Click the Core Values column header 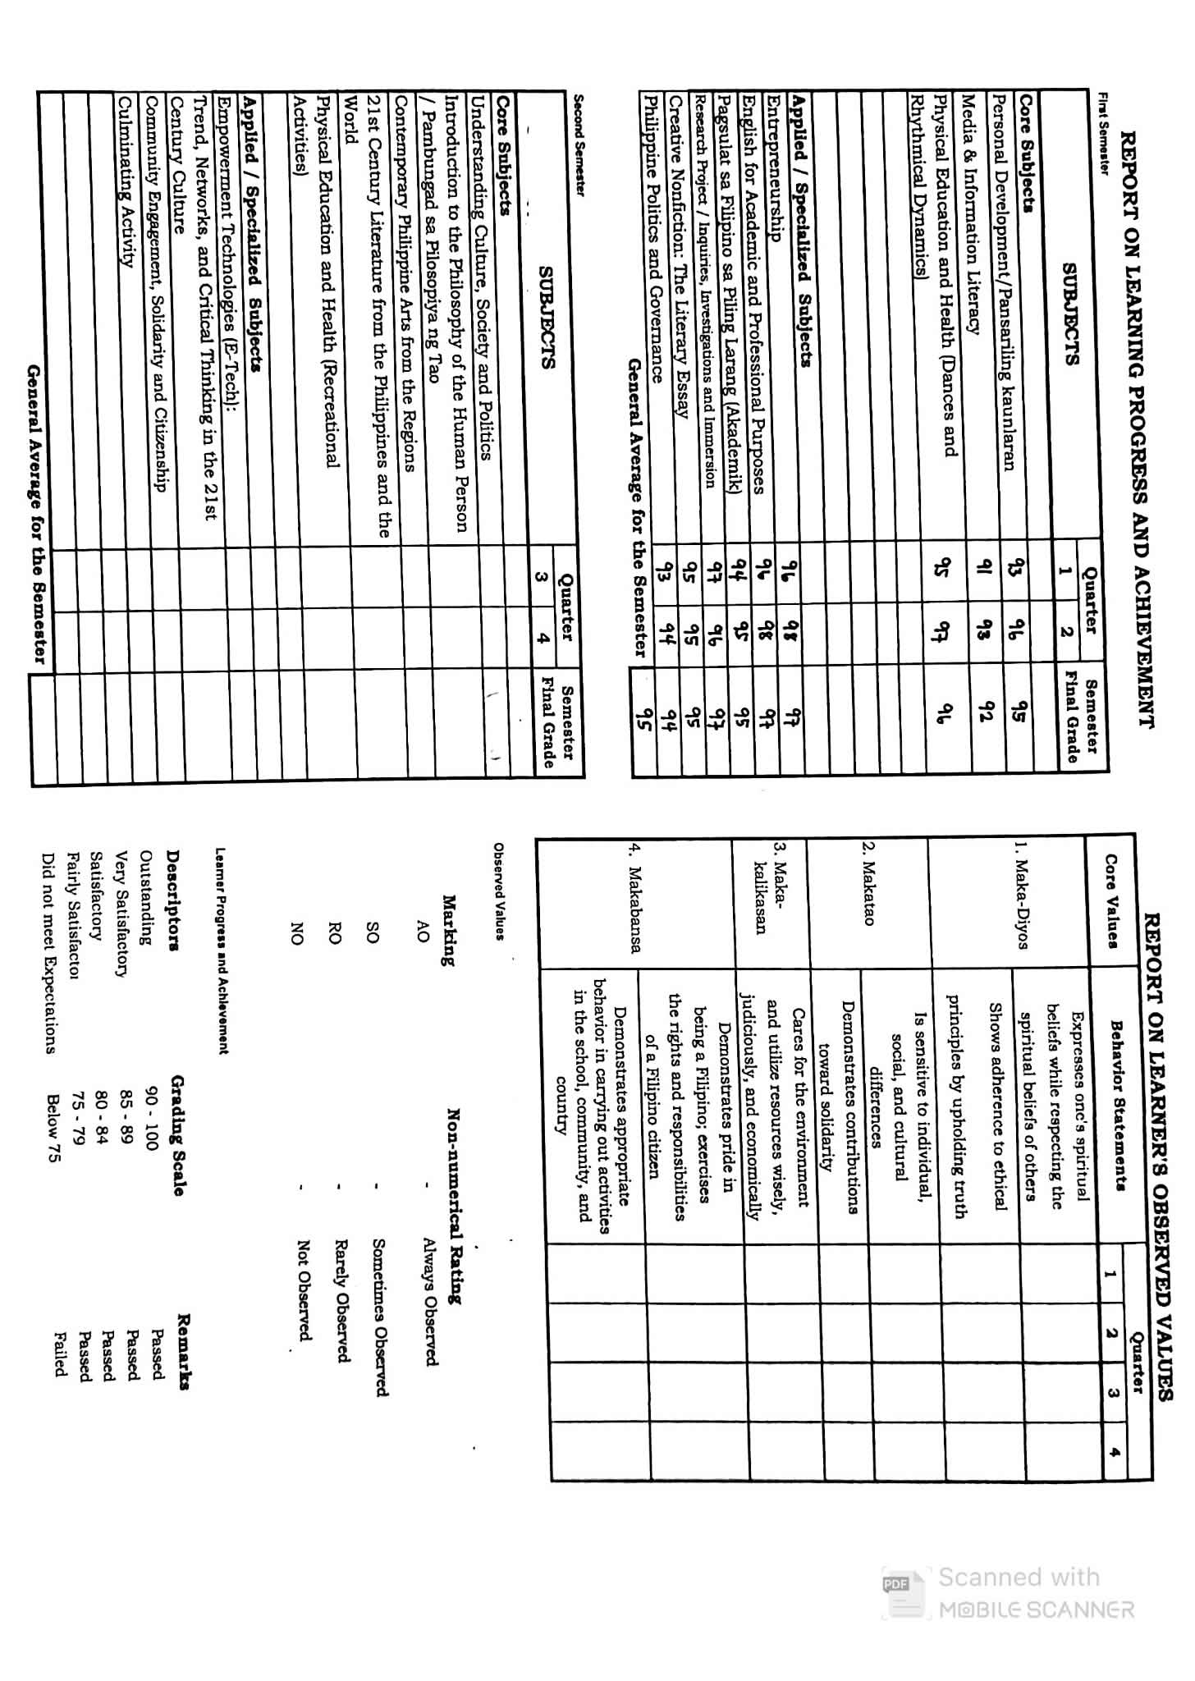[1111, 901]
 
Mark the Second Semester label [579, 144]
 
